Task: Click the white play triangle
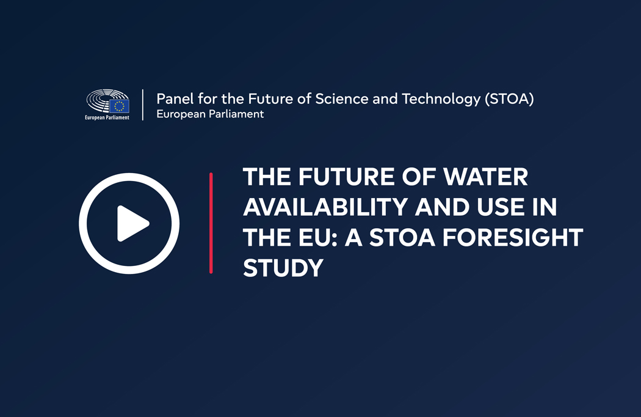tap(132, 224)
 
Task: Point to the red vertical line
tap(211, 223)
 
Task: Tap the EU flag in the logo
tap(120, 106)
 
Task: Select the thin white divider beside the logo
tap(143, 105)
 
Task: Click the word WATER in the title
tap(486, 177)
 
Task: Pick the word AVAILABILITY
tap(325, 207)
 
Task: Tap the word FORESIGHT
tap(513, 238)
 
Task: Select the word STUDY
tap(283, 268)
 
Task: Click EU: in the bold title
tap(317, 238)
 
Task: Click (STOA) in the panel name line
tap(509, 99)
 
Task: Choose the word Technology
tap(441, 99)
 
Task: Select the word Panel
tap(175, 98)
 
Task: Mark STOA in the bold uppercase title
tap(402, 238)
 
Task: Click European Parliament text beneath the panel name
tap(210, 114)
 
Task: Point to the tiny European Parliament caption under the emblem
tap(107, 117)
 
